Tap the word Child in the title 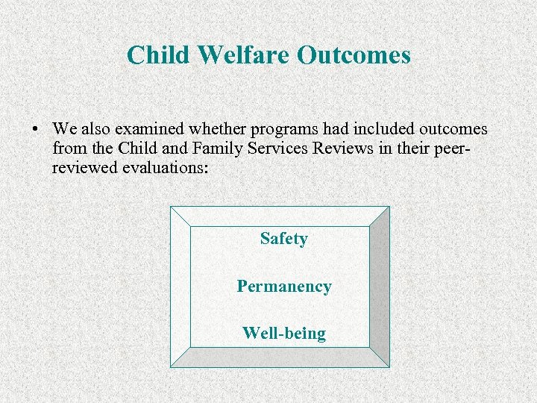[x=156, y=54]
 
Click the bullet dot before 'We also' [x=35, y=129]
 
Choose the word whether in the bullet [x=198, y=129]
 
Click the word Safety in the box [x=283, y=239]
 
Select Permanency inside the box [x=283, y=287]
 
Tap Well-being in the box [x=283, y=333]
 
